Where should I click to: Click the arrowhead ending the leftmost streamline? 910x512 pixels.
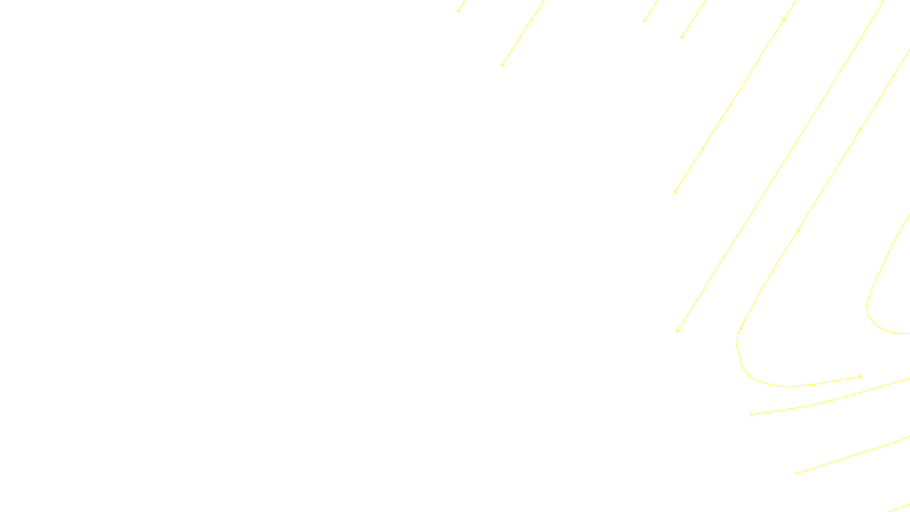point(458,11)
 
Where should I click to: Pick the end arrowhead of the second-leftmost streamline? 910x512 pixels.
point(502,65)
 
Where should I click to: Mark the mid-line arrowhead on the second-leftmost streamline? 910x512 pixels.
point(520,37)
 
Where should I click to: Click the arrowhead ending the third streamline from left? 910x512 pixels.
point(644,21)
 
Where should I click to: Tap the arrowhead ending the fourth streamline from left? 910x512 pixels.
point(681,38)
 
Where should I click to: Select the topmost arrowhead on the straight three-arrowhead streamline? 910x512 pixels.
point(784,19)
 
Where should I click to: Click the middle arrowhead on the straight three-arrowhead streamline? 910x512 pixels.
point(702,148)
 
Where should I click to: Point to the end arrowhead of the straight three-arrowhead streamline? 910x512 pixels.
point(675,191)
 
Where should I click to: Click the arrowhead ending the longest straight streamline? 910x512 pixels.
point(677,331)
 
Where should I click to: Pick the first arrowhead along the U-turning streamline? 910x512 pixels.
point(860,129)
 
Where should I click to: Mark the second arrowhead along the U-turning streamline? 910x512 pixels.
point(799,229)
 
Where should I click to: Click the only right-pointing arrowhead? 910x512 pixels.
point(859,376)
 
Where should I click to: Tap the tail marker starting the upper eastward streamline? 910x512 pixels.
point(751,414)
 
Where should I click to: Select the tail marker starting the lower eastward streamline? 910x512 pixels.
point(797,473)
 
